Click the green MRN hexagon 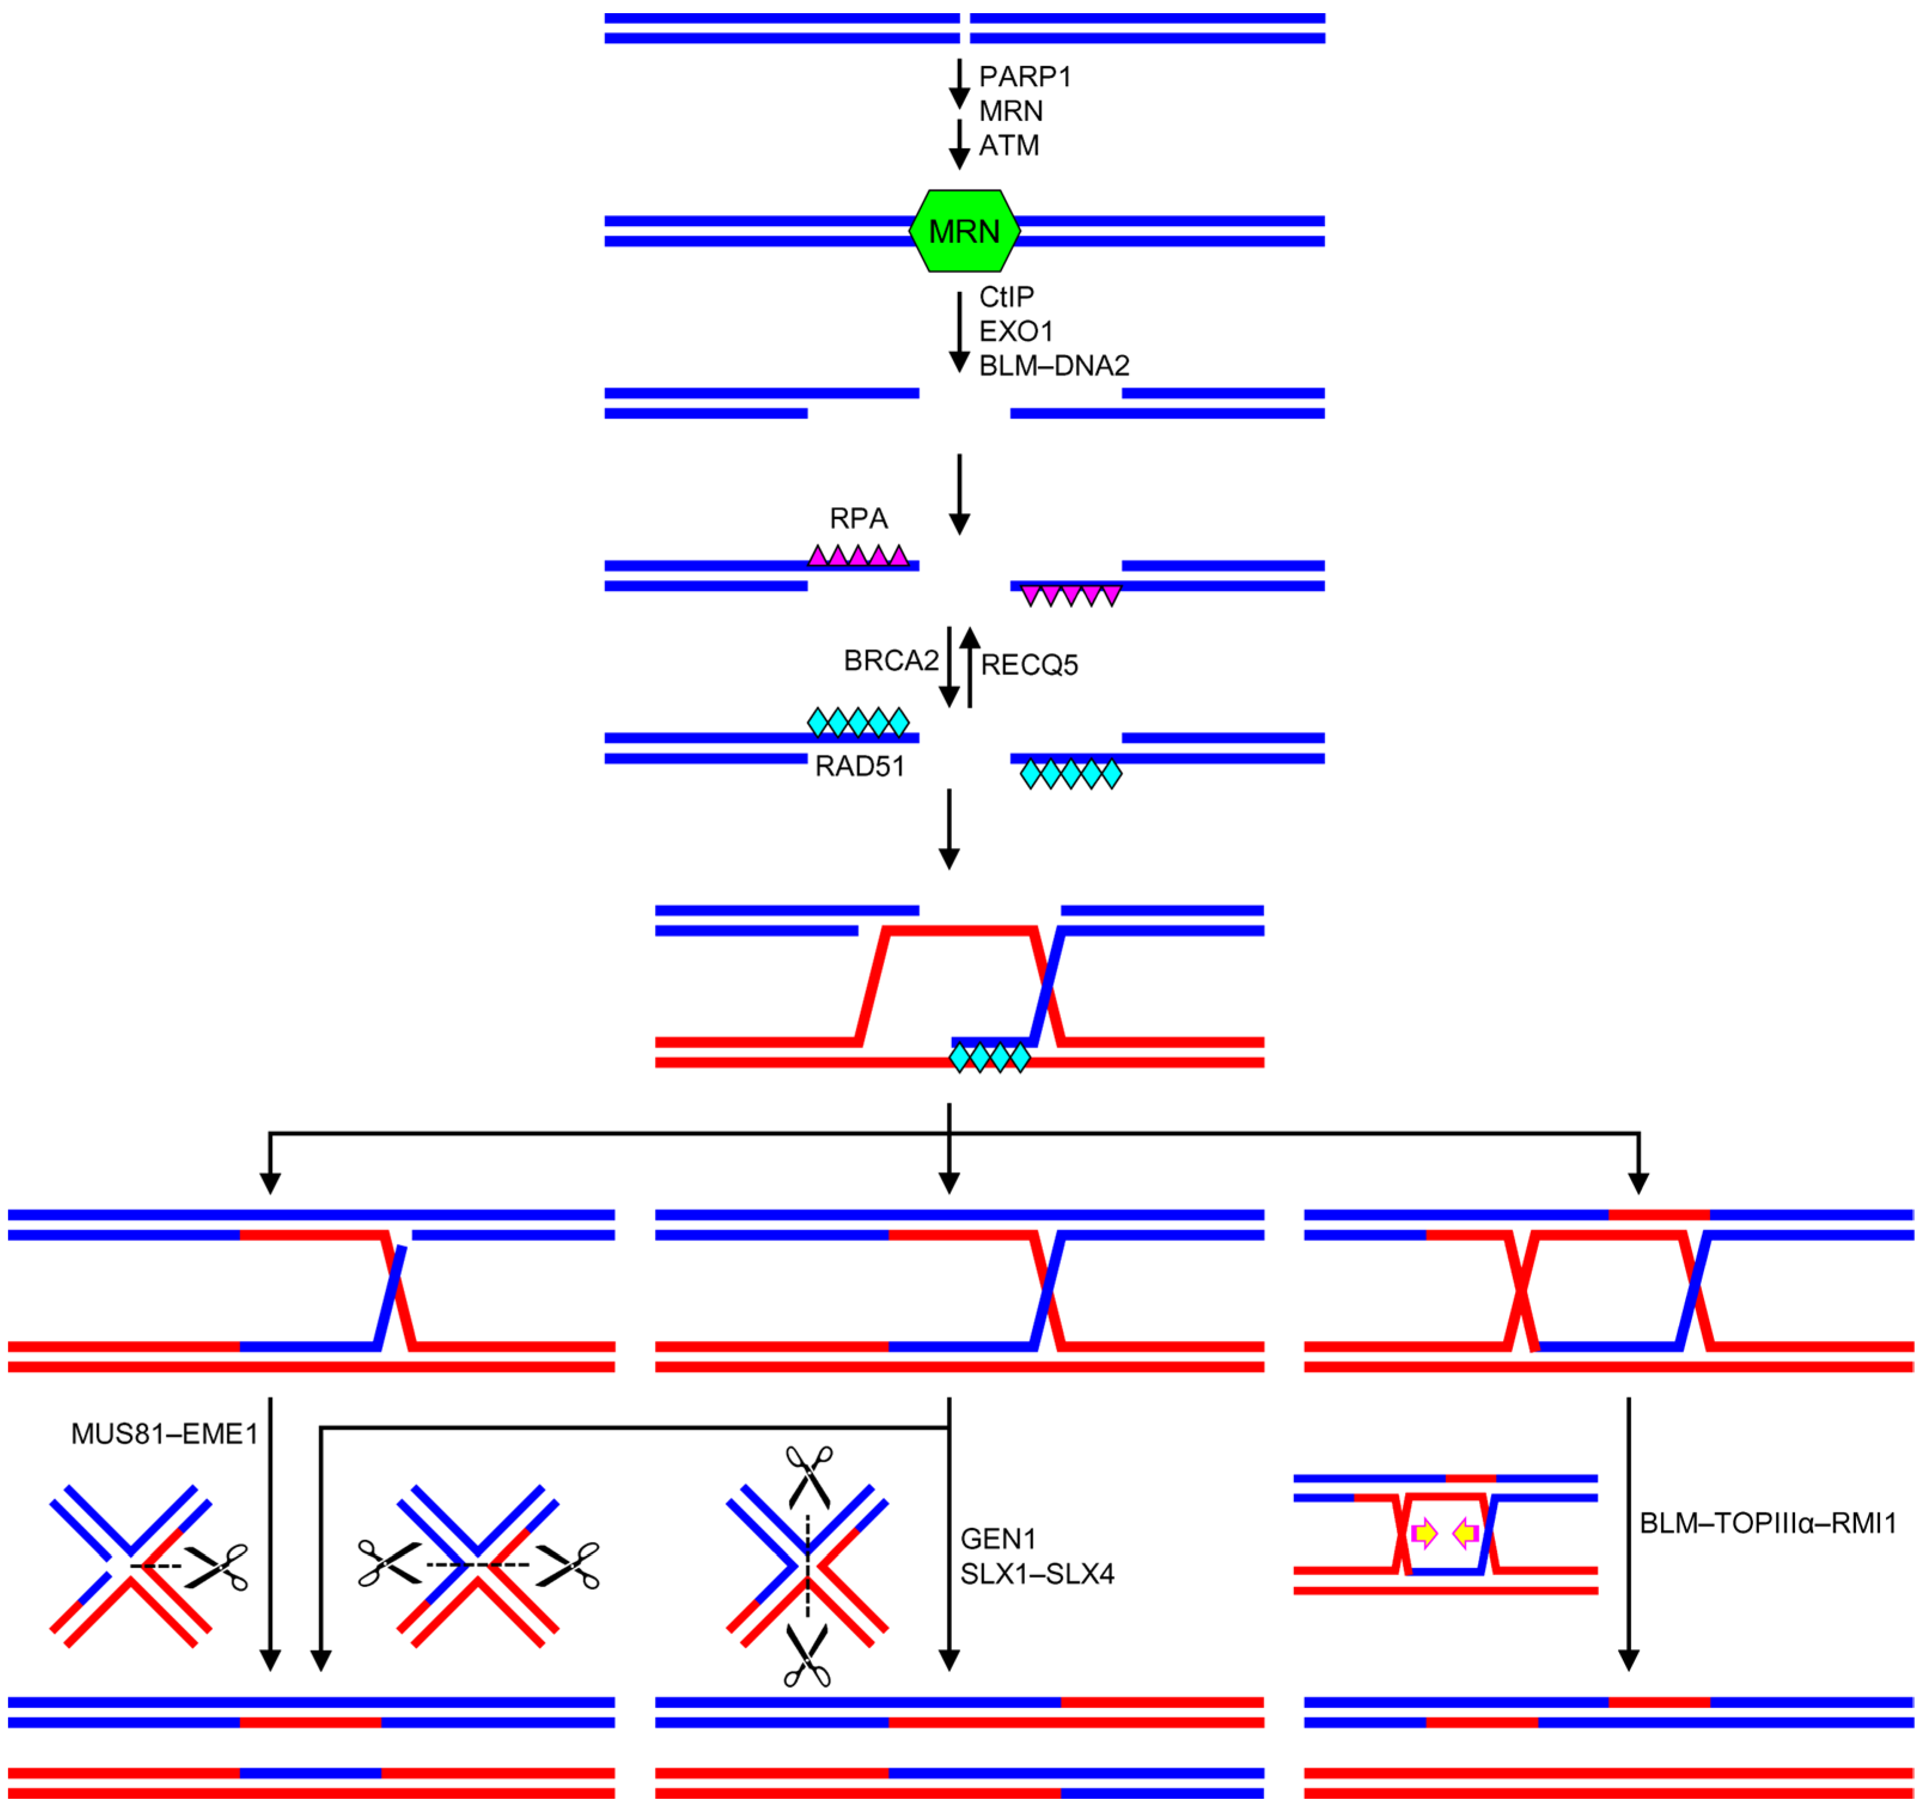[964, 231]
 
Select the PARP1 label [1025, 77]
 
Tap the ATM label [1009, 145]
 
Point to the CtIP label [1006, 296]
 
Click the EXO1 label [1016, 331]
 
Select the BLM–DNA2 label [1054, 366]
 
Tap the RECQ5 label [1030, 665]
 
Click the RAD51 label [860, 767]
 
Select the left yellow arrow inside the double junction [1424, 1533]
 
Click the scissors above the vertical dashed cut [808, 1475]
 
